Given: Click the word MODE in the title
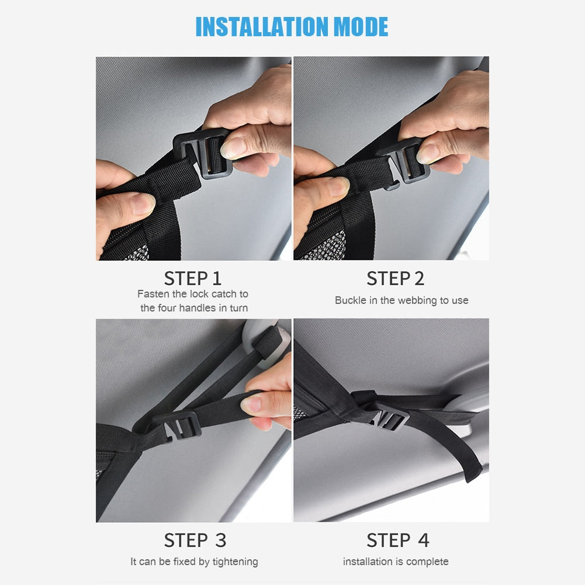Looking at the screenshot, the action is (361, 26).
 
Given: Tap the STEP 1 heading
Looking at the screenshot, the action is (192, 278).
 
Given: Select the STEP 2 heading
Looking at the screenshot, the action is (395, 278).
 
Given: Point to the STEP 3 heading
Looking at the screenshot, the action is (195, 540).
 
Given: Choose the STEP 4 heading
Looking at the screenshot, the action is (398, 540).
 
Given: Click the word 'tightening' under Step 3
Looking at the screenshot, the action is (235, 562).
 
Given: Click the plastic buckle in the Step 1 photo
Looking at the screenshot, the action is (203, 153).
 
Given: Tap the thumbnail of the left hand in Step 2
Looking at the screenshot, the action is (337, 186).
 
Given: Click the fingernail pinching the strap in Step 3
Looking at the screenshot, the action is (251, 405).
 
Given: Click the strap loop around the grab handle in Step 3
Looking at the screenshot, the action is (268, 342).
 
